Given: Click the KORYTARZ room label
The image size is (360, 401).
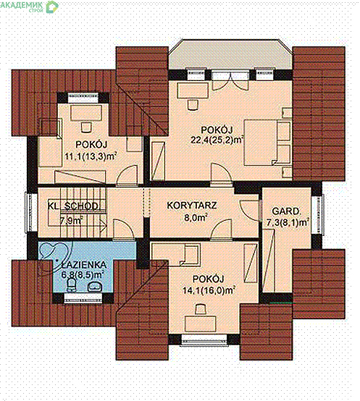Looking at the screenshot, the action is point(192,206).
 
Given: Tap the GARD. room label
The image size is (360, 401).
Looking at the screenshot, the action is point(286,211).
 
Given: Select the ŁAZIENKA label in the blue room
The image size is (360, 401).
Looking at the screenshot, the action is point(84,265).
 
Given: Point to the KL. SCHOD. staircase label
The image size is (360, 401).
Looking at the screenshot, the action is point(73,206).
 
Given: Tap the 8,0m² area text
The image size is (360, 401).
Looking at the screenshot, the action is point(196,218).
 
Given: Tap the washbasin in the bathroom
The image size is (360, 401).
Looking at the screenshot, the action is point(95,287).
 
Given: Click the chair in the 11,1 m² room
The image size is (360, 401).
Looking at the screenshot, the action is point(86,127).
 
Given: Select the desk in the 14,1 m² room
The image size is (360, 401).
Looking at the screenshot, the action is point(201,324).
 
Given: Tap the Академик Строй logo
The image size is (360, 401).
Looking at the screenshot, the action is point(29,6).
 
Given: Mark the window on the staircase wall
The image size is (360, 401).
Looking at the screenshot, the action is point(29,212).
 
